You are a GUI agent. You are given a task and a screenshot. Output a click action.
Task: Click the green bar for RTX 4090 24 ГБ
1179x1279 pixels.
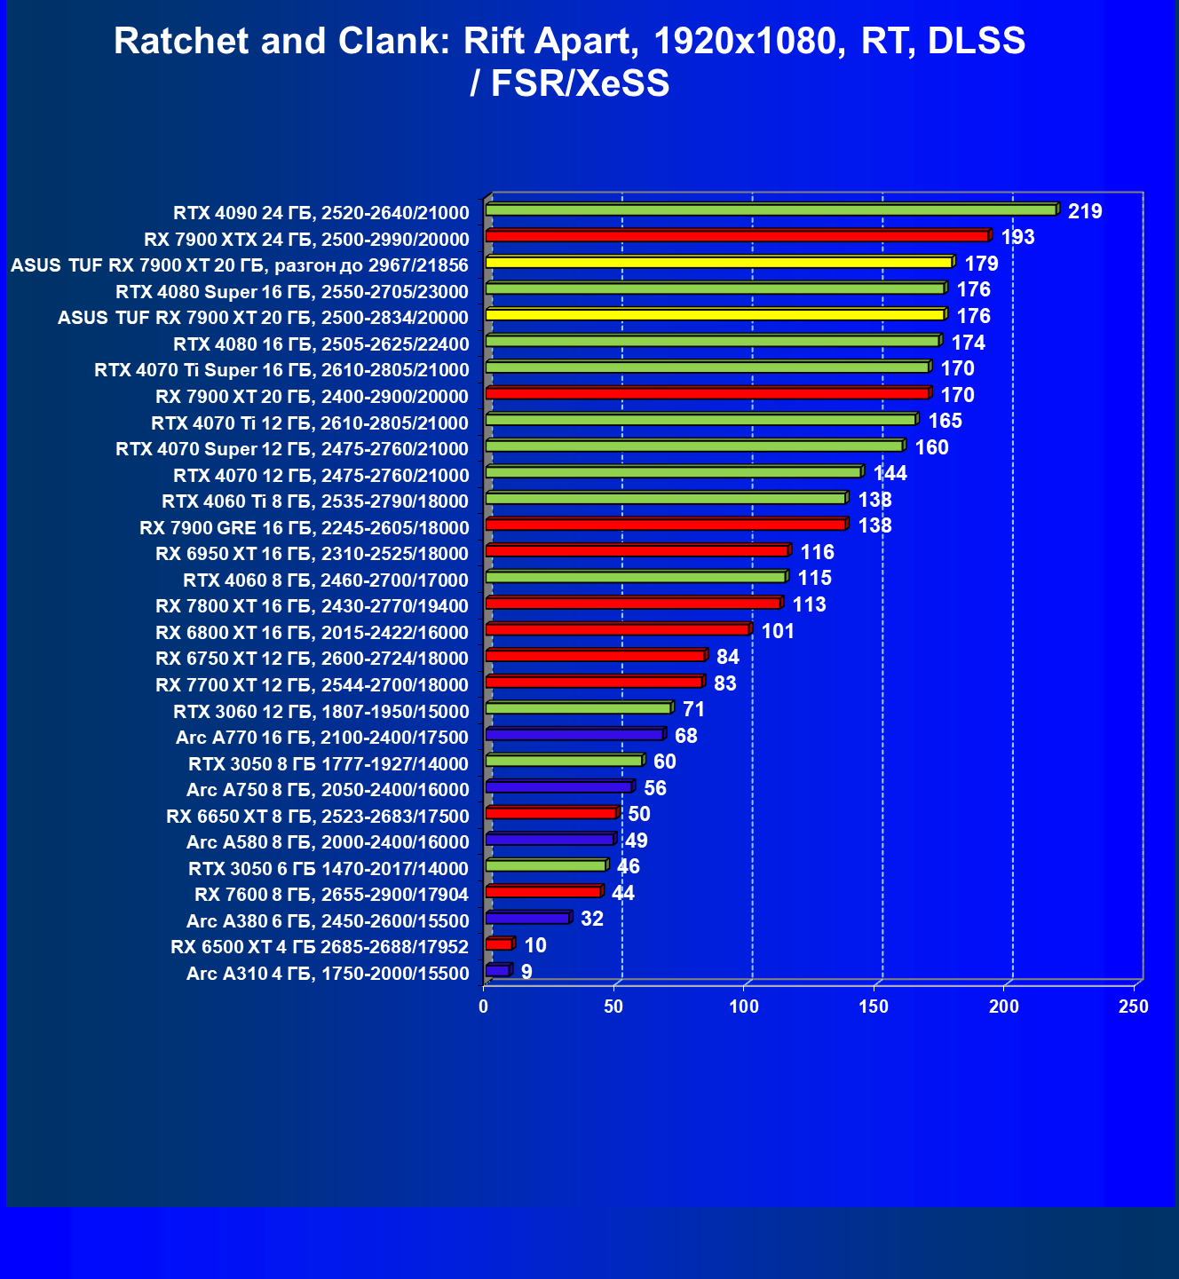click(771, 209)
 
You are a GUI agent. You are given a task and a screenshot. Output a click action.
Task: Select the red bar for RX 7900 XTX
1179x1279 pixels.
click(737, 236)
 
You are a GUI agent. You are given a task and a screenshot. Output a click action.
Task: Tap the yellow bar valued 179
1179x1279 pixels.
click(719, 263)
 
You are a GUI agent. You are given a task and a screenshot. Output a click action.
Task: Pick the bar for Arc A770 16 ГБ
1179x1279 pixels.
click(574, 735)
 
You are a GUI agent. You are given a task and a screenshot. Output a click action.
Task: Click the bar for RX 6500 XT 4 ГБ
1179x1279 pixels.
click(499, 944)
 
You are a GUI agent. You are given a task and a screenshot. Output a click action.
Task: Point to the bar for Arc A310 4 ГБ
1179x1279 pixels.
click(498, 971)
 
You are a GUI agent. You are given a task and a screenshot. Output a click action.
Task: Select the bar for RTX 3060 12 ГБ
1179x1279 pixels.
click(578, 708)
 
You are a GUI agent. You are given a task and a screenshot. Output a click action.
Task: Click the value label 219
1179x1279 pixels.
click(1085, 211)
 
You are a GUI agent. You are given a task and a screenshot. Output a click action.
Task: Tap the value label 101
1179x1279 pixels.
click(778, 631)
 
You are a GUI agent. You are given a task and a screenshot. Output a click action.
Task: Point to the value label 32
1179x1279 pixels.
click(591, 919)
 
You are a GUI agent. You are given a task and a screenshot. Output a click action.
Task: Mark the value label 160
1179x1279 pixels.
click(931, 447)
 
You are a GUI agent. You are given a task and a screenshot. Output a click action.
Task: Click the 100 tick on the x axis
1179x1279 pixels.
click(744, 1007)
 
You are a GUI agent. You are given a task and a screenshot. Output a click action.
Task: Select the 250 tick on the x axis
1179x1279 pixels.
click(1134, 1007)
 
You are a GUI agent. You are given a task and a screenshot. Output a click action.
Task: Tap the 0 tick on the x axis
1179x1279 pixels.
click(484, 1007)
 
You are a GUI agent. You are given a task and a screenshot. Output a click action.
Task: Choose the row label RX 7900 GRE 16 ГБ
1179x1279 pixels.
click(304, 528)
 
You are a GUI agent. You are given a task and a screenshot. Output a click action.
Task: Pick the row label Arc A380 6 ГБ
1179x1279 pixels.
click(328, 920)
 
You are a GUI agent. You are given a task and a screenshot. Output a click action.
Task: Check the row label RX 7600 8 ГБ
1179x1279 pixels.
click(331, 894)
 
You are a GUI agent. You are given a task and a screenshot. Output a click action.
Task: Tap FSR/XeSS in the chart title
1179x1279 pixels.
click(580, 83)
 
